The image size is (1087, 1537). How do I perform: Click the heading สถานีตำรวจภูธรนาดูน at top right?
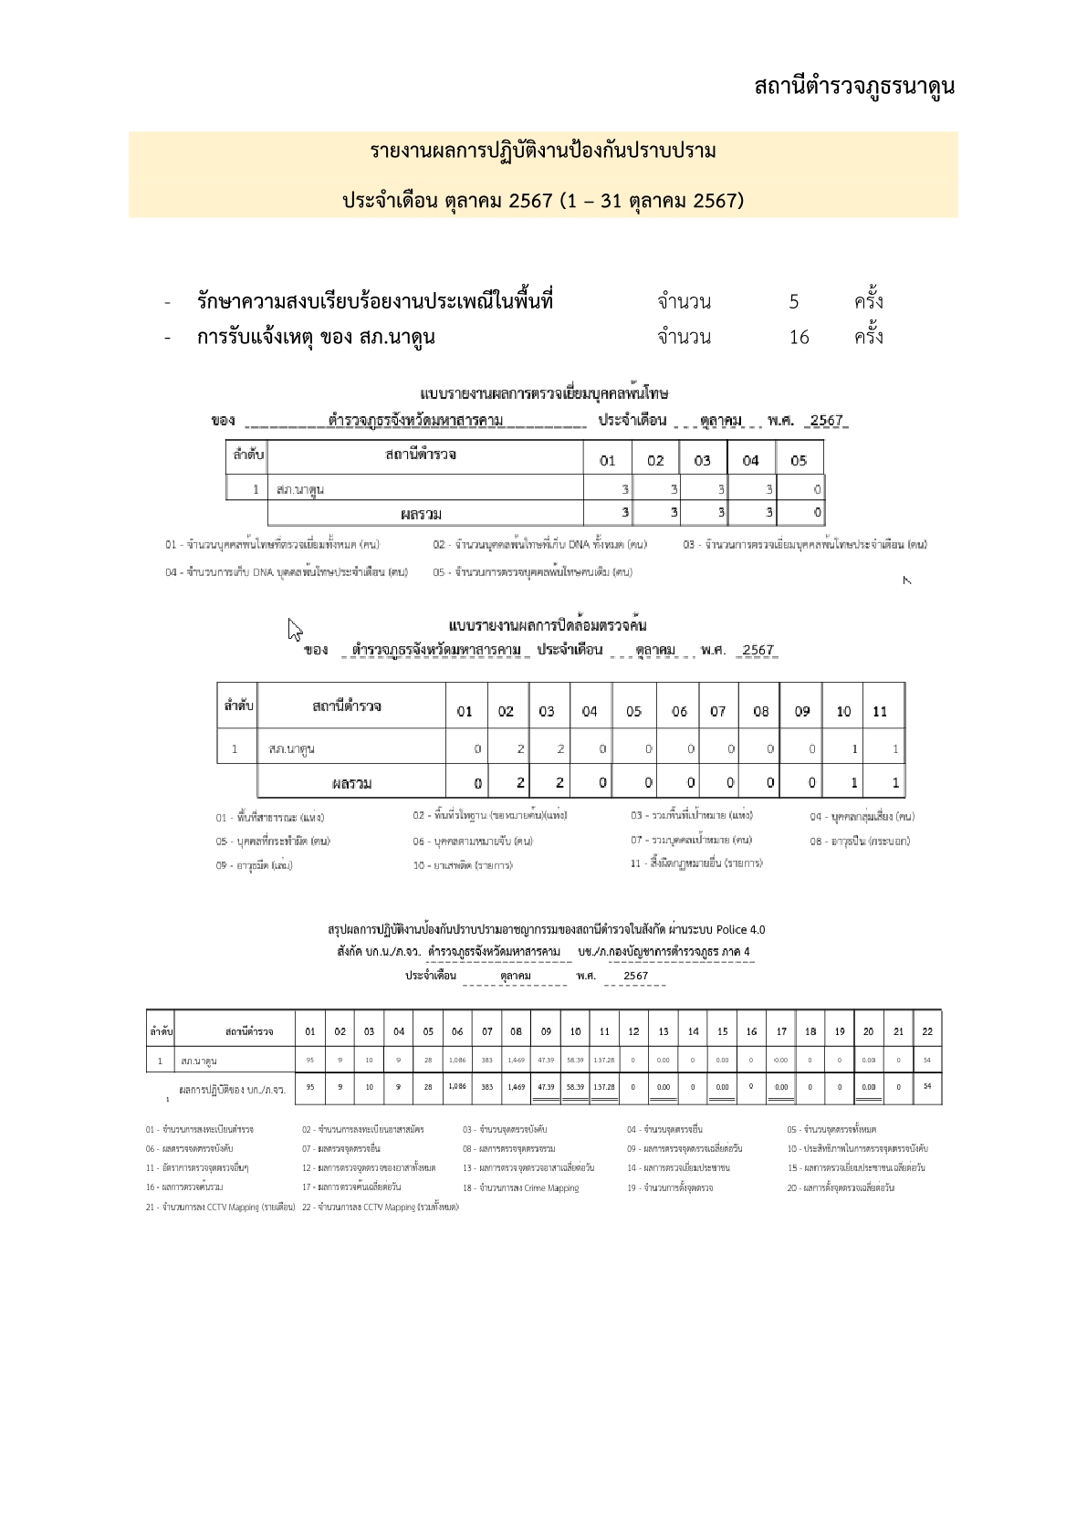coord(853,88)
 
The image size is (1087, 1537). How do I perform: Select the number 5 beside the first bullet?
coord(794,302)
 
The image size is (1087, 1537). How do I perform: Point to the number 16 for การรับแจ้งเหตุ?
coord(799,338)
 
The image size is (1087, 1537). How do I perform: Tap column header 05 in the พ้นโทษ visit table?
coord(799,460)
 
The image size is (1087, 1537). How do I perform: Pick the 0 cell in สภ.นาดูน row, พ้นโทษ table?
coord(817,489)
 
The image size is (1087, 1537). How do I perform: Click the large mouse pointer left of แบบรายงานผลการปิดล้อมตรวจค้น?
coord(295,630)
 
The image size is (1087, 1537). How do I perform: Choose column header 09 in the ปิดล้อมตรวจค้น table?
coord(801,711)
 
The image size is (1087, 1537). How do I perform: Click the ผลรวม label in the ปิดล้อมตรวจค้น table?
coord(351,783)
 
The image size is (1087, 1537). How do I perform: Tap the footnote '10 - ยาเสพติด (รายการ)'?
coord(462,865)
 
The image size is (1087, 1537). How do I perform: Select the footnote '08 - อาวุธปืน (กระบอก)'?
coord(859,841)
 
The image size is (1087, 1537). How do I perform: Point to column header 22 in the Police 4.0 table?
coord(927,1031)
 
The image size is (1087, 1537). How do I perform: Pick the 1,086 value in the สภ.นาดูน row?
coord(457,1061)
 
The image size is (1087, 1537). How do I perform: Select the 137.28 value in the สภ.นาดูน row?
coord(603,1061)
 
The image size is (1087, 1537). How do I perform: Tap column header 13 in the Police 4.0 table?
coord(664,1031)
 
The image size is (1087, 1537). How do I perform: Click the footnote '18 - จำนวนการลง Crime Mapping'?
coord(520,1187)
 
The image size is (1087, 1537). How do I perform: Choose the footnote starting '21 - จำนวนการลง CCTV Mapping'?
coord(220,1207)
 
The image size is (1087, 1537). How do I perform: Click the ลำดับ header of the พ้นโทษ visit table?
coord(246,455)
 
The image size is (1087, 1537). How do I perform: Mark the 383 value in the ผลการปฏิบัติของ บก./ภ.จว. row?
coord(486,1087)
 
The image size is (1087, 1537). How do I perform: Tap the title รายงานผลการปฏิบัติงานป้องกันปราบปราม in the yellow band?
coord(543,151)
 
